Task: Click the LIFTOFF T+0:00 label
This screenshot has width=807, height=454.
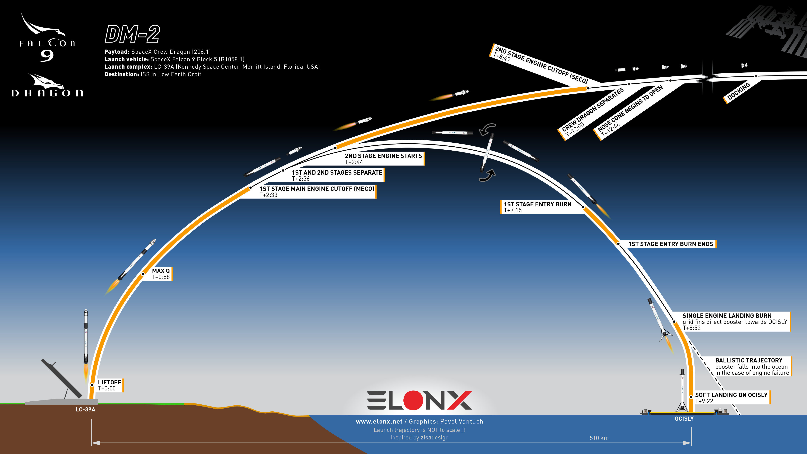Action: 109,385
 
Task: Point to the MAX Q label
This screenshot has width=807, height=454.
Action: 161,274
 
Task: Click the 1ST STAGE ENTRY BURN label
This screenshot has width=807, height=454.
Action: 537,207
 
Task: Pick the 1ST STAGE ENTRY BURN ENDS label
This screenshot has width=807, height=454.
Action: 671,244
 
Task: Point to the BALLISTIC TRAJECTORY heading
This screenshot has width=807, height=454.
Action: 749,360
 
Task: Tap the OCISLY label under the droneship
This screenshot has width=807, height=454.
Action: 684,419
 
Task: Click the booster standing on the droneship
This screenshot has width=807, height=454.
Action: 682,391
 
